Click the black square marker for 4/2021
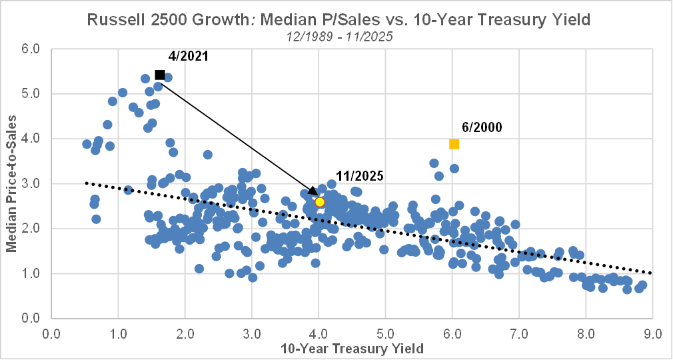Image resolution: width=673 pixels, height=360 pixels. pyautogui.click(x=160, y=75)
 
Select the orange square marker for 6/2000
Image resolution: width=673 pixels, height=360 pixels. pyautogui.click(x=454, y=144)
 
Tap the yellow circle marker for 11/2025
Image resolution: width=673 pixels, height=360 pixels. pyautogui.click(x=320, y=202)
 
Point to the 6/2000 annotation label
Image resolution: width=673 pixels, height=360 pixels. pyautogui.click(x=482, y=127)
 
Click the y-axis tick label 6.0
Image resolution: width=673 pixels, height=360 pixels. pyautogui.click(x=31, y=49)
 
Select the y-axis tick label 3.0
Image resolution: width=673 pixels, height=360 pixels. pyautogui.click(x=31, y=183)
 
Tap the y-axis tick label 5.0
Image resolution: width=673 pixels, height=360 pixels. pyautogui.click(x=31, y=94)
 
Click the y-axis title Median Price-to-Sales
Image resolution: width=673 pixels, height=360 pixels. pyautogui.click(x=11, y=183)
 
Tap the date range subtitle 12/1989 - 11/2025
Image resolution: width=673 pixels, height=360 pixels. pyautogui.click(x=336, y=36)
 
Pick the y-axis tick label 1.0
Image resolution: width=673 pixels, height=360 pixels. pyautogui.click(x=31, y=273)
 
